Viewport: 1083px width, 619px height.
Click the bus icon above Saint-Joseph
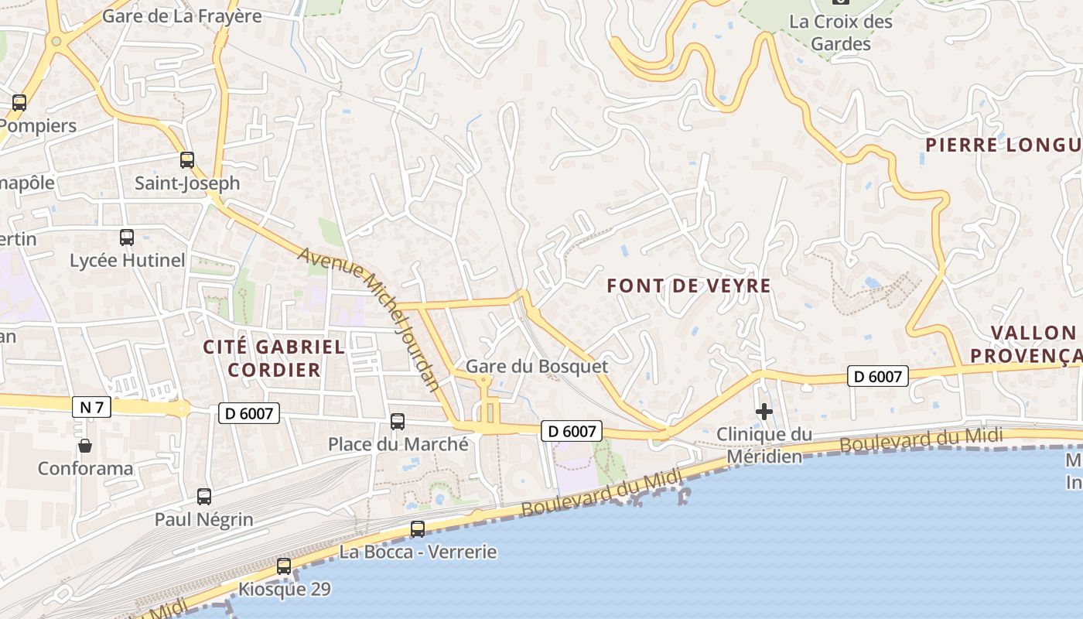click(x=187, y=160)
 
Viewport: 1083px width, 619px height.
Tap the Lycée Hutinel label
click(x=128, y=261)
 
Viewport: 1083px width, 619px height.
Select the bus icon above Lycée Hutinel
click(x=127, y=238)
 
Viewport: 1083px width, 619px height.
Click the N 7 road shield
click(x=91, y=408)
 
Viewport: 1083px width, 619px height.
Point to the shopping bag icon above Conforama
click(x=85, y=446)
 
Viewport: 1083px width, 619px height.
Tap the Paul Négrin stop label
click(x=204, y=519)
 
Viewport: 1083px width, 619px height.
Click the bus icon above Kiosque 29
click(x=284, y=566)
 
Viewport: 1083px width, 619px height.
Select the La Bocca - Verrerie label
click(x=418, y=552)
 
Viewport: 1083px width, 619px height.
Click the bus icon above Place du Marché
click(x=398, y=422)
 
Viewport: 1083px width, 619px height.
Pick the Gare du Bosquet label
click(x=537, y=366)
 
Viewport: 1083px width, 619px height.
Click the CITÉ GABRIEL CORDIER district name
click(x=274, y=358)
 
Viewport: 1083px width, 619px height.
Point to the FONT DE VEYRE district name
click(x=688, y=286)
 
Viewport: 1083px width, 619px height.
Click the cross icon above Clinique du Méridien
click(x=764, y=412)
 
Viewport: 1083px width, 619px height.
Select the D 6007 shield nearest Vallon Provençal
click(x=877, y=376)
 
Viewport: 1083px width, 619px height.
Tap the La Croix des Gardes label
click(x=841, y=32)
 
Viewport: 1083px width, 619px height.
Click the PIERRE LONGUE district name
click(x=1004, y=145)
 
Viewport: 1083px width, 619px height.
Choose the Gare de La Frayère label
click(x=182, y=15)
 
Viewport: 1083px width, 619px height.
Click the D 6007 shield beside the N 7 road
click(x=249, y=414)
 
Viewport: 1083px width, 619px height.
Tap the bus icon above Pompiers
click(x=19, y=102)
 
